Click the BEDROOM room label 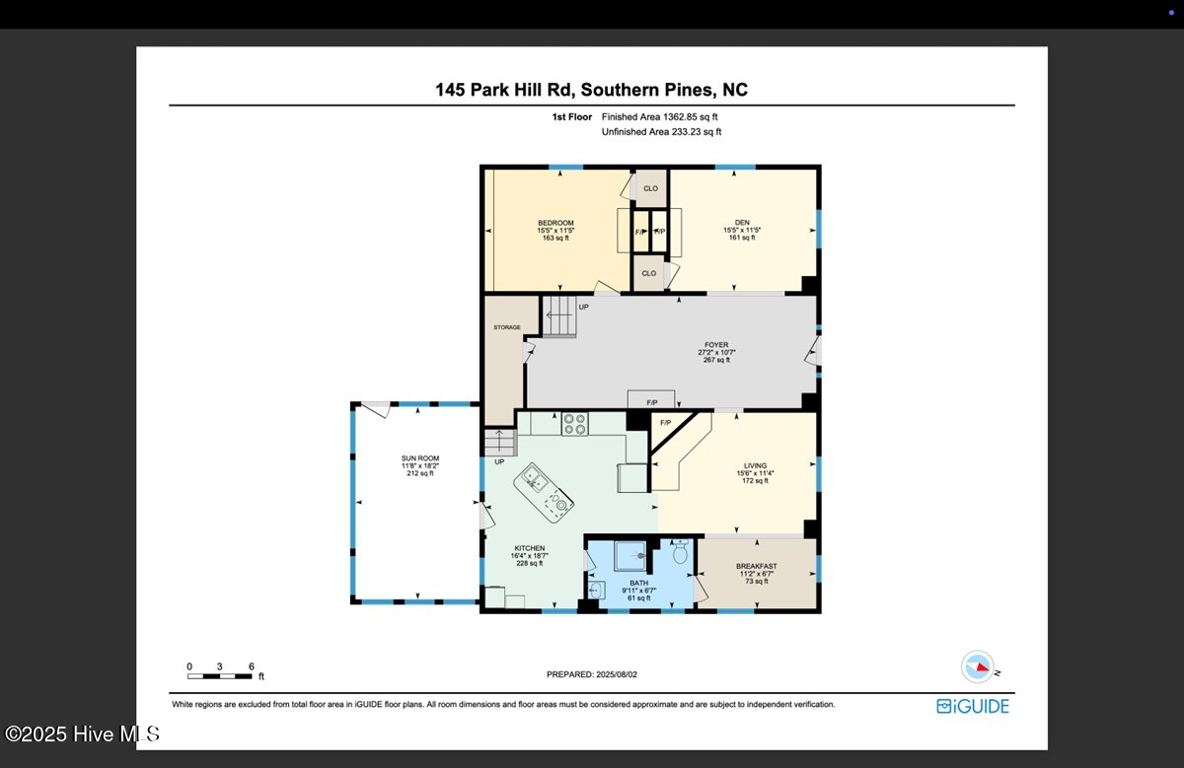(555, 223)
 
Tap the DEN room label (742, 223)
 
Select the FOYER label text (715, 346)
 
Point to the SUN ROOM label (419, 458)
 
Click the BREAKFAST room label (756, 567)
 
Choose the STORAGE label (507, 327)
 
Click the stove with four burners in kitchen (574, 424)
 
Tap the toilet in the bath (680, 554)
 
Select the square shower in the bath (630, 558)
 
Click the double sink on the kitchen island (537, 482)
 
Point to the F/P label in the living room (665, 423)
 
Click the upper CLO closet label (650, 188)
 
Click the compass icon (977, 667)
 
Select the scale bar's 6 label (251, 666)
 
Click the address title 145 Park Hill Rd (591, 90)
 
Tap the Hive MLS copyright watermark (81, 733)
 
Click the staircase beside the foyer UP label (559, 316)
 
